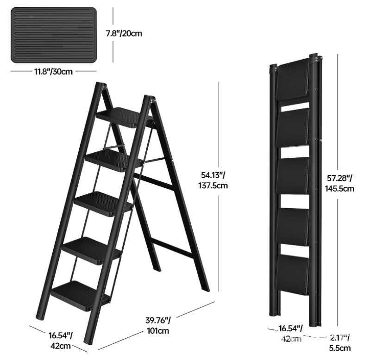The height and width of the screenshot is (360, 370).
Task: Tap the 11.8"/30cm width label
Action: (x=53, y=72)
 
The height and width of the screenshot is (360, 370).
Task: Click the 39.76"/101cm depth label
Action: (x=157, y=325)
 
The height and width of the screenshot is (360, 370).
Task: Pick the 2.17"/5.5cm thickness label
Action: (x=341, y=342)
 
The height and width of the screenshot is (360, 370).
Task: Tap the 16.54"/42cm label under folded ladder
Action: (x=290, y=334)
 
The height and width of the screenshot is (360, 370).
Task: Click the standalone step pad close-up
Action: (x=54, y=35)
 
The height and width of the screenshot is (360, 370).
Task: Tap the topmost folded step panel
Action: (x=293, y=79)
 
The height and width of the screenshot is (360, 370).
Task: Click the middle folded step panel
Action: (x=293, y=176)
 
